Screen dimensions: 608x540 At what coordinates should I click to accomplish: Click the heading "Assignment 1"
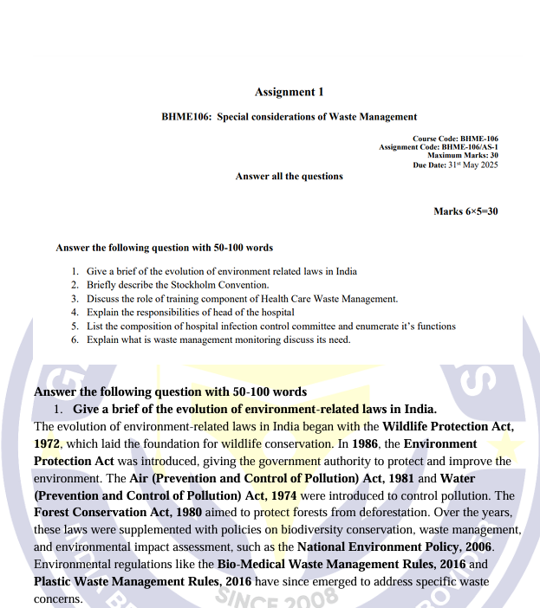tap(289, 92)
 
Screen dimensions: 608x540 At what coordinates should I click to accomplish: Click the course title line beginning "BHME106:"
tap(289, 116)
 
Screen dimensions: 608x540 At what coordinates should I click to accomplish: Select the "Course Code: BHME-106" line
tap(455, 139)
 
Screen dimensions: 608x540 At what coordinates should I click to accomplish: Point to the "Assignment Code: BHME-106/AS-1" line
tap(439, 147)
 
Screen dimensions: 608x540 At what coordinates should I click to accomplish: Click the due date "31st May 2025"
tap(473, 165)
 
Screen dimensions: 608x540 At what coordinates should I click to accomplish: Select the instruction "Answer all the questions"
tap(289, 176)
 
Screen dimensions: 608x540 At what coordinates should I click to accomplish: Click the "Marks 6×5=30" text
tap(465, 211)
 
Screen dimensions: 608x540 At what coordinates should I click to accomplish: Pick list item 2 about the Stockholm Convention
tap(178, 285)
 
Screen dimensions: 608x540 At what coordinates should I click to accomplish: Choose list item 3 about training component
tap(242, 299)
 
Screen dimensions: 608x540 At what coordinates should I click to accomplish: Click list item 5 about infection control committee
tap(270, 326)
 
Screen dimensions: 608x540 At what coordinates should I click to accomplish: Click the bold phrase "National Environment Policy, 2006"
tap(394, 547)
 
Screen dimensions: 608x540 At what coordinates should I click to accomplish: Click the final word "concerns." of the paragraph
tap(58, 598)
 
